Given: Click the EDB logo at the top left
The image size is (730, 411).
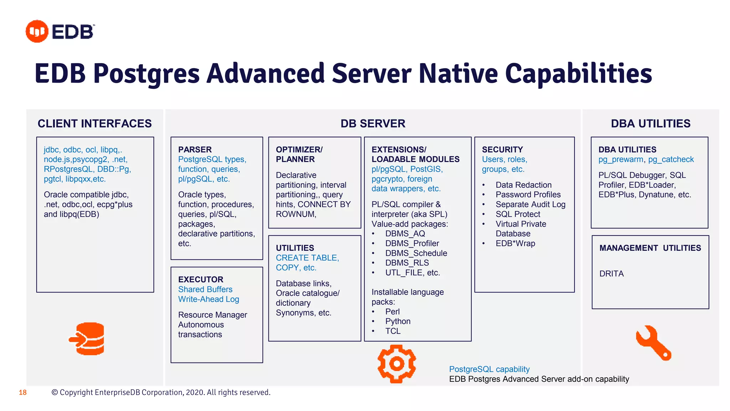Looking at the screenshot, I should coord(60,31).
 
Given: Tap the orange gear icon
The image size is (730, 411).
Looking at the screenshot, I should coord(396,364).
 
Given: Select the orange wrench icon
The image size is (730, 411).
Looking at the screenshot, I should coord(653,342).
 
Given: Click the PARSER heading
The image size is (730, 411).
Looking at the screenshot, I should coord(195,149).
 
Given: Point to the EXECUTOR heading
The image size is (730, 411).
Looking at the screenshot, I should coord(201,279).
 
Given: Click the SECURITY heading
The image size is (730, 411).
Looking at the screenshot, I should coord(502,149).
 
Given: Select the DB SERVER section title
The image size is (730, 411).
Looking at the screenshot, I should coord(373,123).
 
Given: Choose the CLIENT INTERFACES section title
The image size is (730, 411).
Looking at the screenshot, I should coord(95,123).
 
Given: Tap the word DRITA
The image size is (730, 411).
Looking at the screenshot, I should coord(611,274).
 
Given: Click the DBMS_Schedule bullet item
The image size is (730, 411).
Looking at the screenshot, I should coord(416,253).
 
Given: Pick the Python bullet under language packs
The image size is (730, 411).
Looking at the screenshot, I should coord(398,321).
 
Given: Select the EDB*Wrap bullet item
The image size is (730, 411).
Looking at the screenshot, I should coord(515,243).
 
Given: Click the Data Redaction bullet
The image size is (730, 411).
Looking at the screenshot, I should coord(523,185).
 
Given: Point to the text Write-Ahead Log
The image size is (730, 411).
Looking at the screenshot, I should coord(209,299).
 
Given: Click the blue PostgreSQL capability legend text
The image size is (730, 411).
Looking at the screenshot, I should coord(489,369).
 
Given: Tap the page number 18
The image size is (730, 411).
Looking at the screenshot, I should coord(23,392).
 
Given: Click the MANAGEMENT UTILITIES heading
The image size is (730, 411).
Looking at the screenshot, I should coord(650,248).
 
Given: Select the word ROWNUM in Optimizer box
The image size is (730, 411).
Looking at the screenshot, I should coord(295,214).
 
